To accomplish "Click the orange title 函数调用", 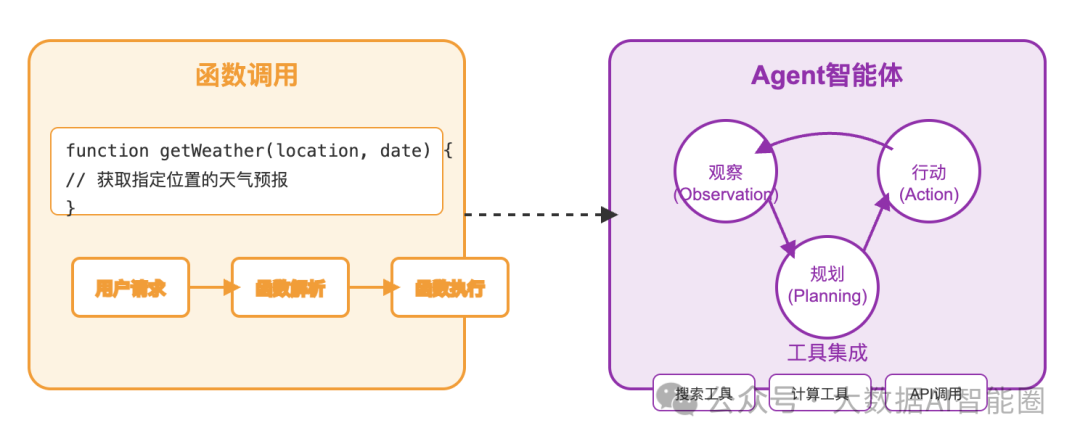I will (246, 75).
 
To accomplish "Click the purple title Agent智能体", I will (827, 75).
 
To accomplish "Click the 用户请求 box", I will (130, 288).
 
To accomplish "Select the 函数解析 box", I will (290, 288).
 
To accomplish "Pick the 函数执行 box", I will (450, 288).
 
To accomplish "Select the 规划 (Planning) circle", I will (827, 285).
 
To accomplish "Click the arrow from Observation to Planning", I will (783, 223).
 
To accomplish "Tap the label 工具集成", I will (827, 352).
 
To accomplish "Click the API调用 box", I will (935, 393).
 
